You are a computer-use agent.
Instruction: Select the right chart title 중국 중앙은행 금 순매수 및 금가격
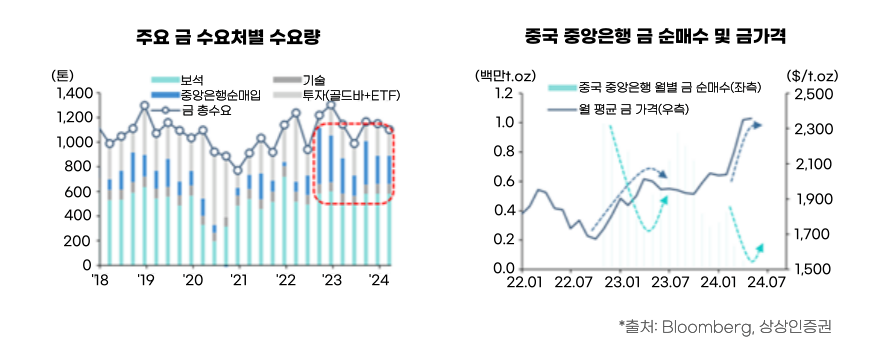[x=655, y=37]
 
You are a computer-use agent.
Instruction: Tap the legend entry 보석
[x=191, y=80]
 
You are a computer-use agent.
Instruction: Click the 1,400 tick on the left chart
[x=72, y=93]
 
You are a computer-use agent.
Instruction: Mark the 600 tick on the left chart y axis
[x=78, y=192]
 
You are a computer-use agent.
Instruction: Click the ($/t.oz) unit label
[x=812, y=76]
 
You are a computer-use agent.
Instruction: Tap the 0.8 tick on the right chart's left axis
[x=503, y=153]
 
